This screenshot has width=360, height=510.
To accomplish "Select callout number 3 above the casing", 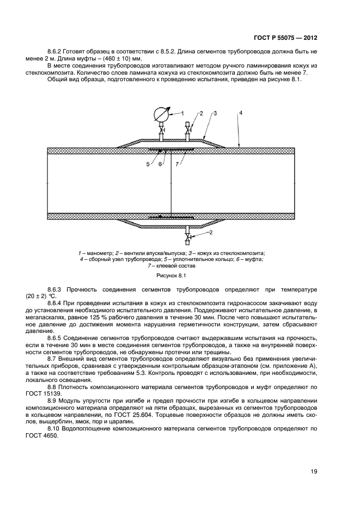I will pos(216,113).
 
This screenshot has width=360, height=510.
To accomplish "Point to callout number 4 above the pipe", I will pos(241,113).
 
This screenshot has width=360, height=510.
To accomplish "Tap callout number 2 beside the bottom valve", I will pos(211,233).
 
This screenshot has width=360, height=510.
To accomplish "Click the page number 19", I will pos(313,471).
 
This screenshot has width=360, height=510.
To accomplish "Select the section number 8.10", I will pos(54,428).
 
